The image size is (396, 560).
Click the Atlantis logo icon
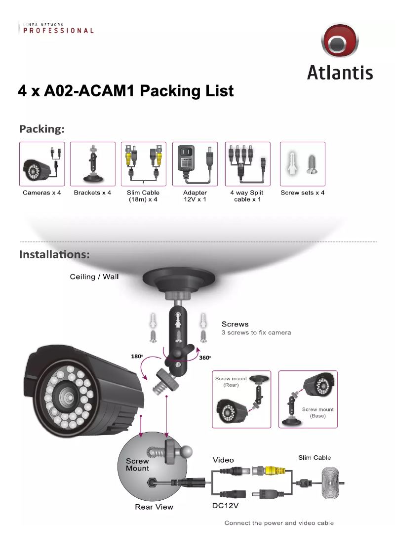(339, 42)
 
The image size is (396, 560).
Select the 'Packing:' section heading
(42, 129)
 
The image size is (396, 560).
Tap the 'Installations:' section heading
(54, 255)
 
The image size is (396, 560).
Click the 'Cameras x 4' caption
(42, 193)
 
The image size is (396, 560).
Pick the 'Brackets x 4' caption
(92, 193)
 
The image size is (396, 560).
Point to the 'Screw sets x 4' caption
(302, 193)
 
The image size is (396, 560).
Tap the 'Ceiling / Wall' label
(94, 277)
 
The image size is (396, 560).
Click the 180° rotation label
(137, 357)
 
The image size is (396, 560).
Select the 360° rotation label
(205, 358)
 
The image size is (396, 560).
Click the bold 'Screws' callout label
(235, 324)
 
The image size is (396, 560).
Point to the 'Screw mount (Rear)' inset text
(231, 382)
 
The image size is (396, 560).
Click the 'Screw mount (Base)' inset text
(317, 412)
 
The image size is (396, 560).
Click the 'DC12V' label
(226, 506)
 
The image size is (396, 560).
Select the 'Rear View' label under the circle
(154, 507)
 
